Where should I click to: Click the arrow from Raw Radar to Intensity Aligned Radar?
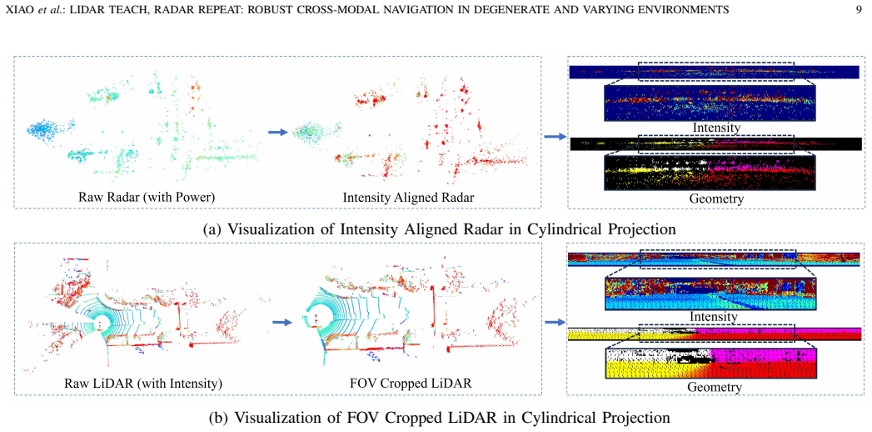(278, 132)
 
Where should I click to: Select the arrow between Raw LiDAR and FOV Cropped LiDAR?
(282, 322)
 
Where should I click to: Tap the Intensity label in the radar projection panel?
(715, 128)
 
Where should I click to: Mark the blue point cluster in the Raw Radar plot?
(49, 130)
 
